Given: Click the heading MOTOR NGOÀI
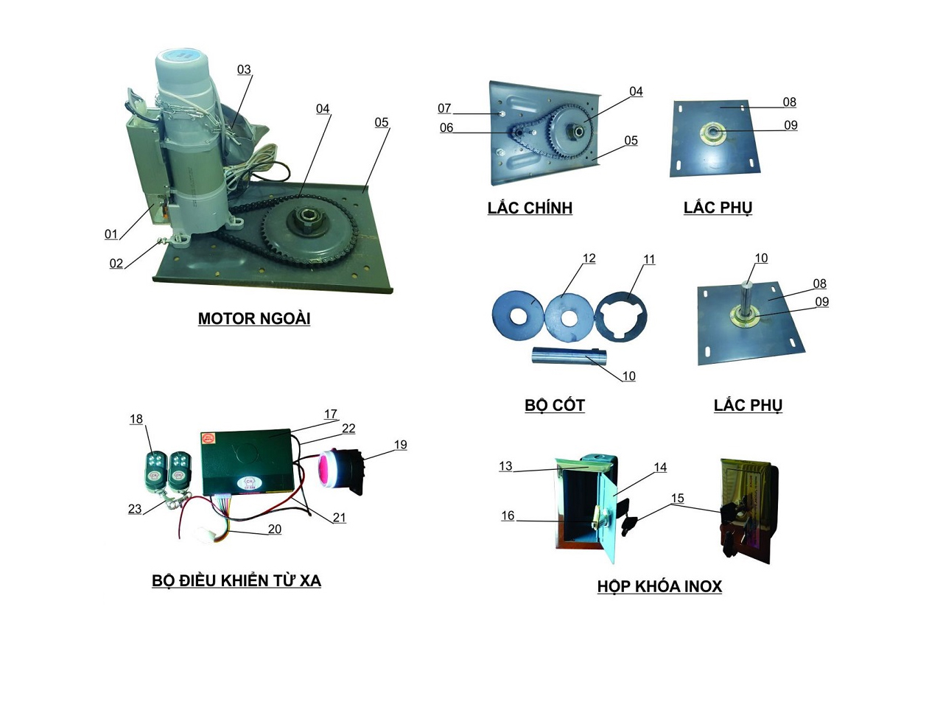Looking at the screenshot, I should (253, 318).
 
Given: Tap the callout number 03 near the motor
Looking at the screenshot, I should (244, 69).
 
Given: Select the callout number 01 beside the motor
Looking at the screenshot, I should (111, 234).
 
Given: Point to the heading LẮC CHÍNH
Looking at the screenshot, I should (530, 208).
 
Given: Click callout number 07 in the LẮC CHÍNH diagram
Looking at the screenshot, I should (444, 108).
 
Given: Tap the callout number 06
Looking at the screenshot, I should (446, 127).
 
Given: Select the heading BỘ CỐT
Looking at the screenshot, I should (554, 405).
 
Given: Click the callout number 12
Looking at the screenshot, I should (589, 258).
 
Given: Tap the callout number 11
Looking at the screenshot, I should (649, 259).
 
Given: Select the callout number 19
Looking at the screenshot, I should (400, 445).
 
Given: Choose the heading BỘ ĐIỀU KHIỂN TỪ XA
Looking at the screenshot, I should (236, 580).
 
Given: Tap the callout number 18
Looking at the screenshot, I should (136, 419).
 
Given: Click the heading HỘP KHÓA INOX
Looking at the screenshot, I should (659, 586).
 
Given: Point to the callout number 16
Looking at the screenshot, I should (508, 516).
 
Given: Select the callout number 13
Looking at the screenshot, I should (505, 466).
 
